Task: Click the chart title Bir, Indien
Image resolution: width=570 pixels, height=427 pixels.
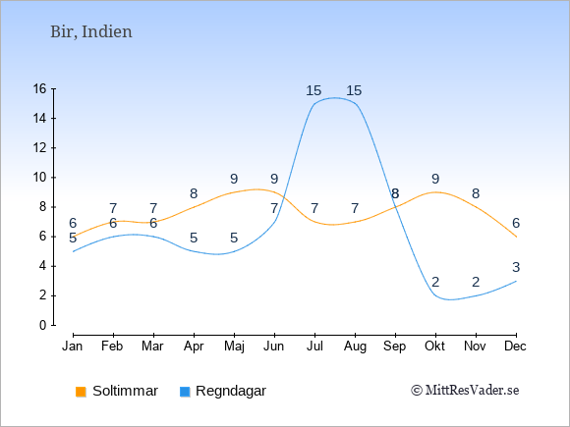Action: click(90, 32)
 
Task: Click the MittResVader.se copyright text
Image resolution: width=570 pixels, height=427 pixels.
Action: click(465, 391)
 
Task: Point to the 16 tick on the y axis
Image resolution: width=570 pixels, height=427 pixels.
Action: click(40, 88)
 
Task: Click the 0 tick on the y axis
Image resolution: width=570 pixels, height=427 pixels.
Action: click(43, 325)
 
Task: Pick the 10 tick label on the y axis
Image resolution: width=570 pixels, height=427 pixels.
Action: click(40, 178)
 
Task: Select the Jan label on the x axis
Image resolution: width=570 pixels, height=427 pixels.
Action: click(73, 347)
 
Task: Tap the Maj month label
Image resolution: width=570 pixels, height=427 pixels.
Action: click(234, 347)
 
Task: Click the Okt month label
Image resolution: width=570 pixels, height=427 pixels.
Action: click(434, 347)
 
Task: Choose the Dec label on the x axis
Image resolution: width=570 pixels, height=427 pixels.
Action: click(516, 347)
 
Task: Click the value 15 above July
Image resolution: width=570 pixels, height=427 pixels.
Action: click(313, 90)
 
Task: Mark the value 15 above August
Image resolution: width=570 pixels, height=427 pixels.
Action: click(354, 90)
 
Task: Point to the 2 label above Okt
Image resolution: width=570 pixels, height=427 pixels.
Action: click(435, 282)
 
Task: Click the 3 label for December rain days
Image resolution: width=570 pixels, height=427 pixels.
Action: click(516, 267)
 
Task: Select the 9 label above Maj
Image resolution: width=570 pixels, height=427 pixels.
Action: click(234, 179)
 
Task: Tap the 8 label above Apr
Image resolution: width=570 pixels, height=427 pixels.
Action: click(194, 194)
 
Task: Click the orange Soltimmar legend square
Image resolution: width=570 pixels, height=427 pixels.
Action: click(81, 392)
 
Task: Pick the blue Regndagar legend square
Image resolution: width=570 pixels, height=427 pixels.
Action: click(185, 392)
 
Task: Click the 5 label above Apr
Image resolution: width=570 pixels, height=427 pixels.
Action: click(194, 239)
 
